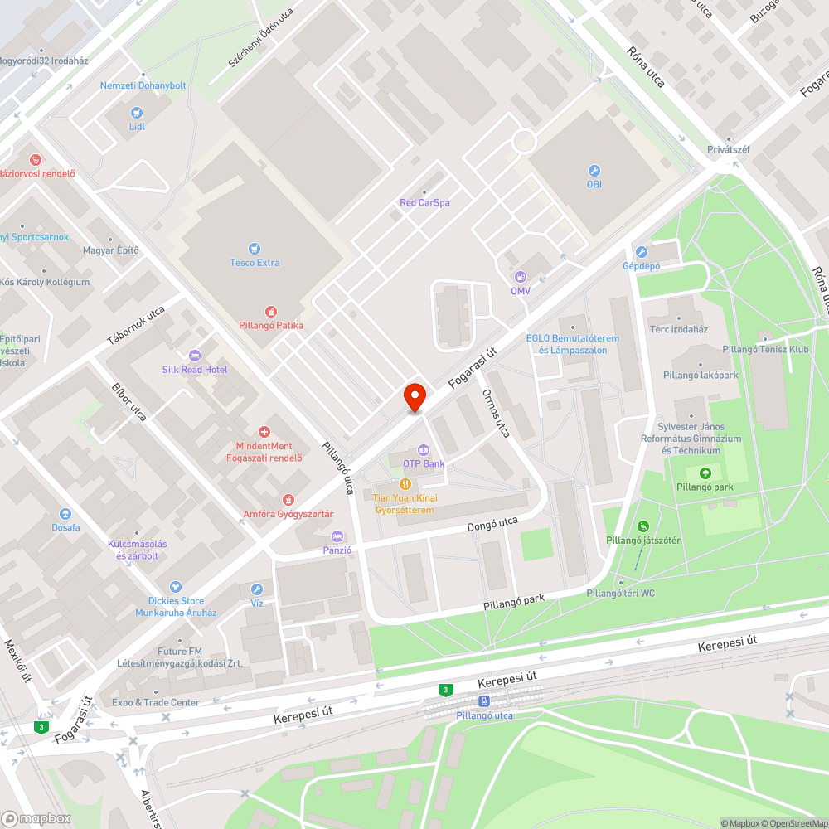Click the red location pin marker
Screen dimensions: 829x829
pyautogui.click(x=414, y=397)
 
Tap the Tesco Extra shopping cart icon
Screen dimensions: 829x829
pyautogui.click(x=255, y=248)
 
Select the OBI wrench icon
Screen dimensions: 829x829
pyautogui.click(x=594, y=169)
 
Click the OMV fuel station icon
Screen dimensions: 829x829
pyautogui.click(x=521, y=276)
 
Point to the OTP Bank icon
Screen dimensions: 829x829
pyautogui.click(x=424, y=449)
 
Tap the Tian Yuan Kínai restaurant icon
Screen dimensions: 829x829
pyautogui.click(x=405, y=483)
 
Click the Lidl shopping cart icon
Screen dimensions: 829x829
pyautogui.click(x=137, y=112)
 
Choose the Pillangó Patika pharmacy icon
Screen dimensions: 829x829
pyautogui.click(x=271, y=310)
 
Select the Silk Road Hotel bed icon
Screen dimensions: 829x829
pyautogui.click(x=195, y=355)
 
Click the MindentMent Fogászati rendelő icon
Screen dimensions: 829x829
pyautogui.click(x=264, y=432)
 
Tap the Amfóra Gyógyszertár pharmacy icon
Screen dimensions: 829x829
pyautogui.click(x=288, y=499)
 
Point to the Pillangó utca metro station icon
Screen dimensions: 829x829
pyautogui.click(x=484, y=701)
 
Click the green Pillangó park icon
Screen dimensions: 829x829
pyautogui.click(x=705, y=473)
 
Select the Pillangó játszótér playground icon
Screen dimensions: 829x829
pyautogui.click(x=643, y=526)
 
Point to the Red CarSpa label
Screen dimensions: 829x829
pyautogui.click(x=424, y=202)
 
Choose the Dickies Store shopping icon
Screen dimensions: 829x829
pyautogui.click(x=175, y=587)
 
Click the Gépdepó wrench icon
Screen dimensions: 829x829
pyautogui.click(x=641, y=252)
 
